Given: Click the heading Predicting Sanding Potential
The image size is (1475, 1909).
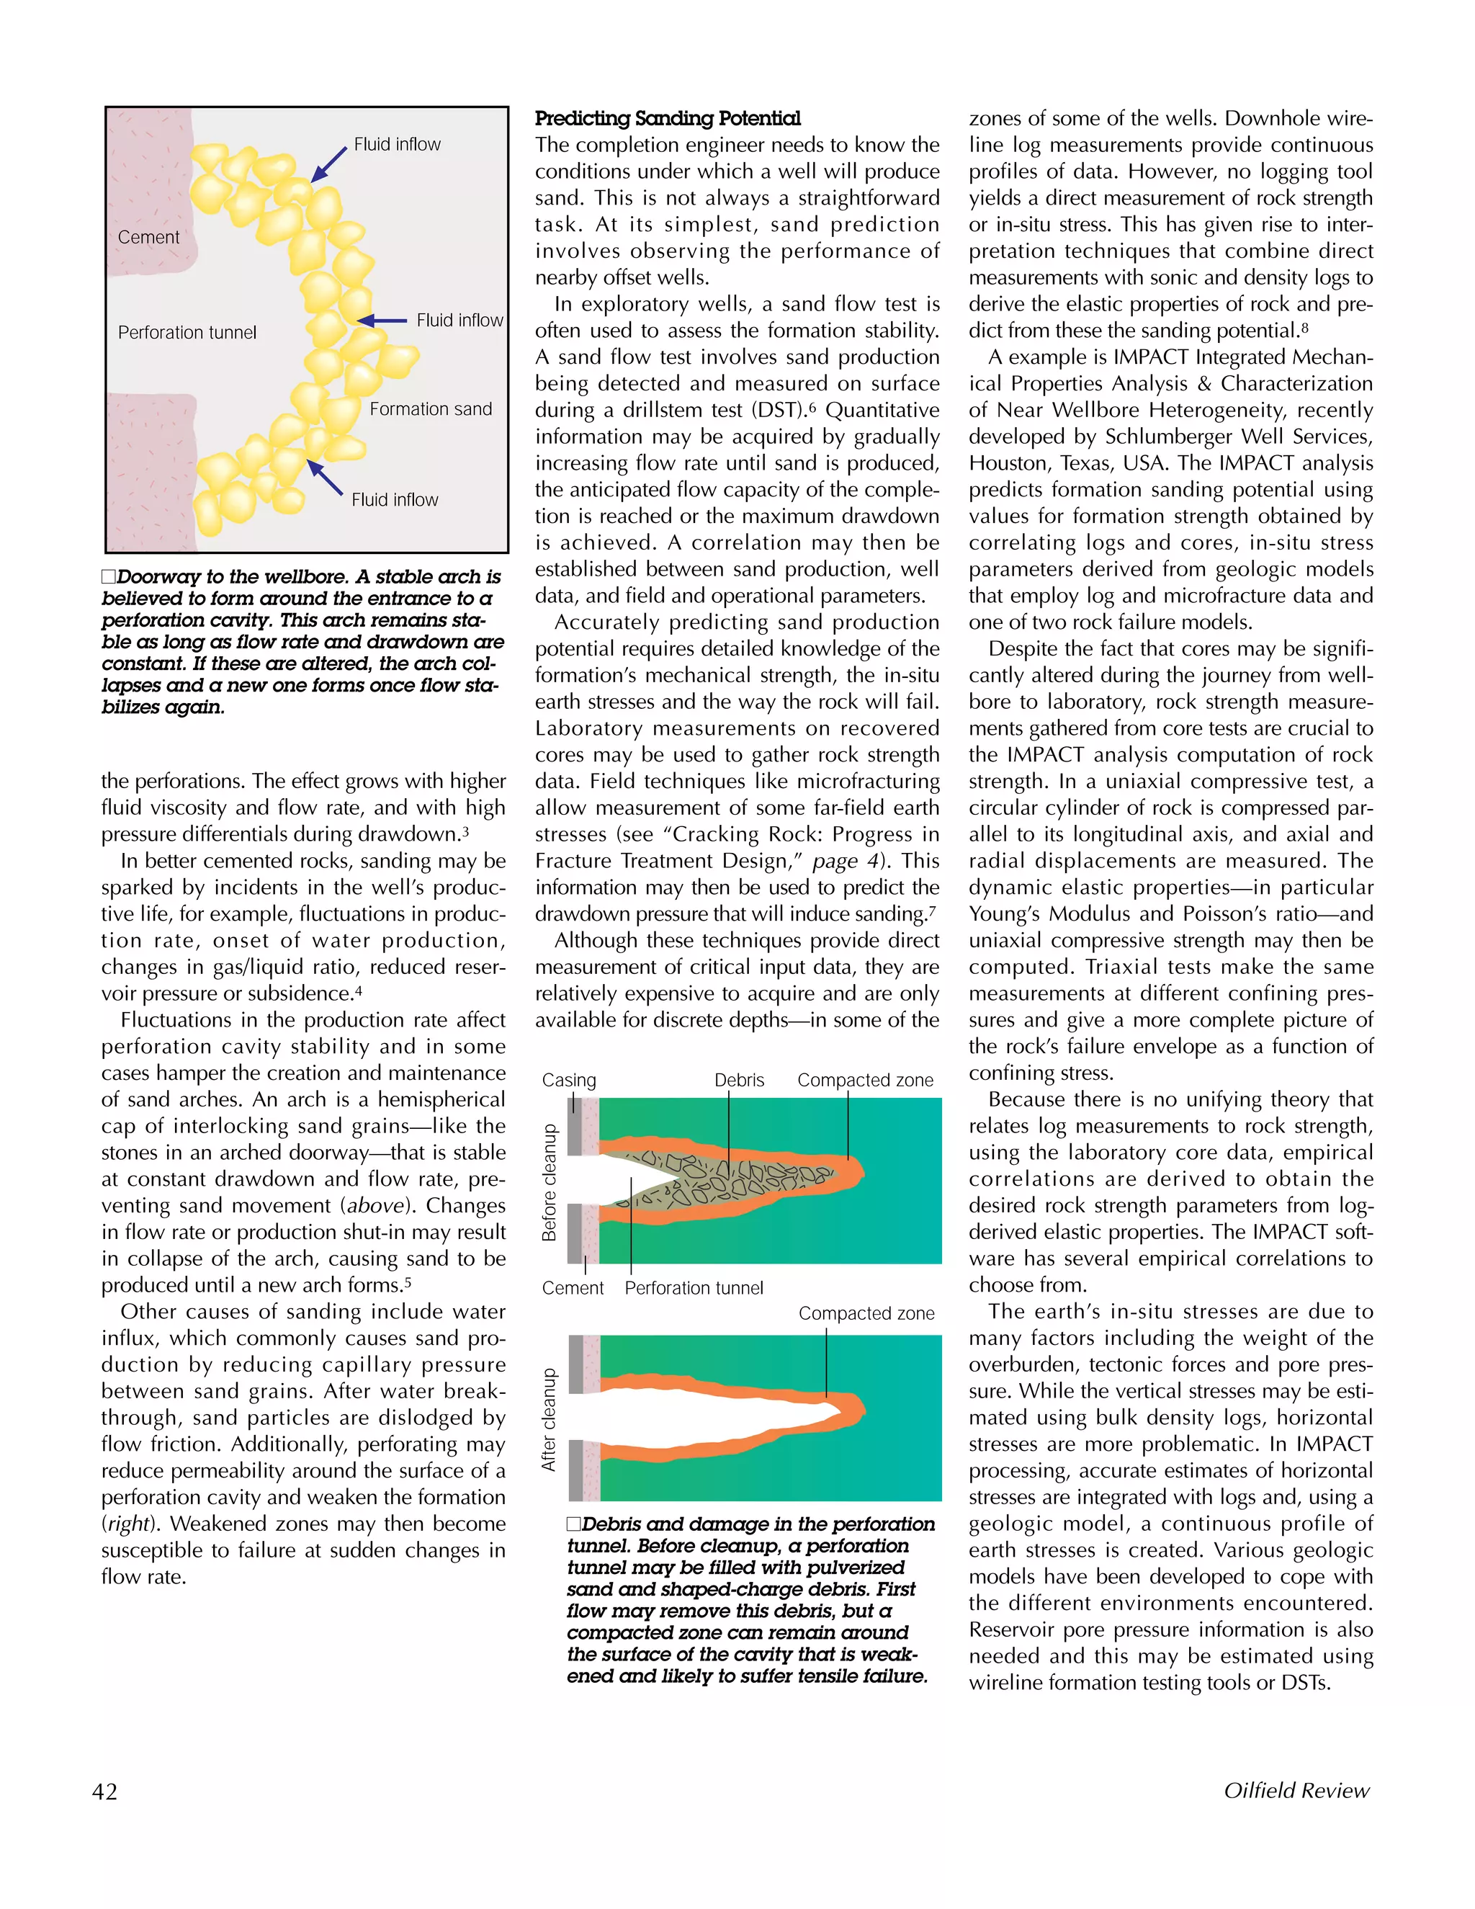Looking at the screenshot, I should [x=667, y=118].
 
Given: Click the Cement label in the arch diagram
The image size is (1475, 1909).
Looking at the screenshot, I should [x=148, y=237].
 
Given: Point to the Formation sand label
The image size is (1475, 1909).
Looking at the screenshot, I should [x=430, y=409].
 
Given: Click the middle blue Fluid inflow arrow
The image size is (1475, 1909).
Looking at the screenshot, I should [x=382, y=320].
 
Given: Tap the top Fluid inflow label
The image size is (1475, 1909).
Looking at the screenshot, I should [x=397, y=144].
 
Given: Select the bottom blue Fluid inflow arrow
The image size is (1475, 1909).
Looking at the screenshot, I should [x=325, y=477].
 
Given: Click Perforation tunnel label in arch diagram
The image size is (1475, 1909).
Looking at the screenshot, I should [x=187, y=332].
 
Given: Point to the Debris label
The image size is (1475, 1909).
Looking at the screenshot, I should [x=738, y=1080].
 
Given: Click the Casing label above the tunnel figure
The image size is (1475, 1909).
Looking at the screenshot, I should [x=569, y=1080].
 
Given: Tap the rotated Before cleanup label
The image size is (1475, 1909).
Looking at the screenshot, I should [x=549, y=1181].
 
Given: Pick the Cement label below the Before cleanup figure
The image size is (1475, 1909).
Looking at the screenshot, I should [x=573, y=1287].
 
